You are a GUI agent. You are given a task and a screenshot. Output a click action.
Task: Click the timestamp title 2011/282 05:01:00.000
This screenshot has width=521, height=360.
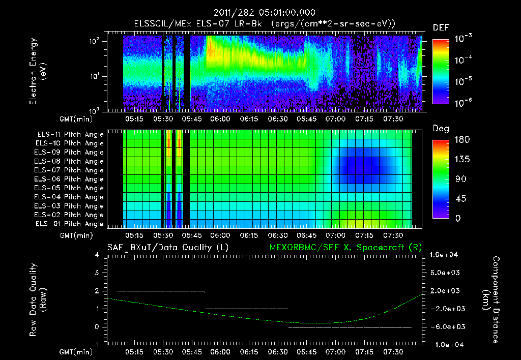click(260, 13)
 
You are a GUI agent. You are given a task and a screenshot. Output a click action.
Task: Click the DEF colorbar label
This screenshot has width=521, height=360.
click(441, 27)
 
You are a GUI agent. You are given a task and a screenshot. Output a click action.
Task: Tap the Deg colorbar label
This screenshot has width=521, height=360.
click(441, 129)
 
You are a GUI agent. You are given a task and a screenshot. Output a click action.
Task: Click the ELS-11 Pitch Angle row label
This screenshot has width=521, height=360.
click(70, 135)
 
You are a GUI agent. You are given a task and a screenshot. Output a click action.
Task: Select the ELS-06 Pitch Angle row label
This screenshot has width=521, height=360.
click(70, 179)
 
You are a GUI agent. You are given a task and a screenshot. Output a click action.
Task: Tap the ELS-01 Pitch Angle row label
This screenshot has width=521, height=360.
click(70, 224)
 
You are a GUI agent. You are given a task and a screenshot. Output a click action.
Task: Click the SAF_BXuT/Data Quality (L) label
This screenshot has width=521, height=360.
click(167, 248)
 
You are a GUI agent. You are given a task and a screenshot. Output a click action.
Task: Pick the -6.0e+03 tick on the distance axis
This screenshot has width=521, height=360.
click(446, 326)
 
